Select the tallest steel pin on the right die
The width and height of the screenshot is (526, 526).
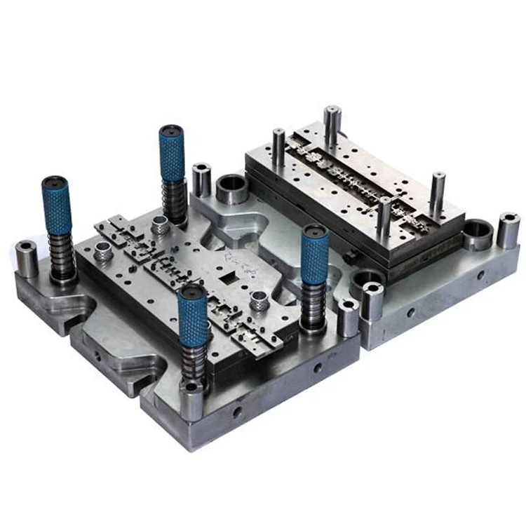(332, 130)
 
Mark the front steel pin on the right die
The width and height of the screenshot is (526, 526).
(385, 217)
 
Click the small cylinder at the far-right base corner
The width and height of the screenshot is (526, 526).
(508, 229)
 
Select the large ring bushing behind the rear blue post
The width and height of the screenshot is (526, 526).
(231, 189)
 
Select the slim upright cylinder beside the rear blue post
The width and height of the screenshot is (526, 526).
(201, 180)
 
